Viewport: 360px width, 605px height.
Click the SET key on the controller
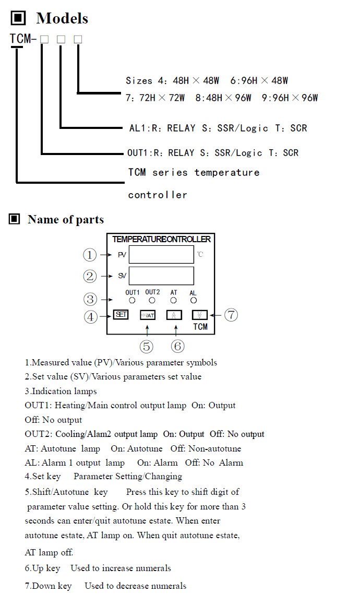point(121,315)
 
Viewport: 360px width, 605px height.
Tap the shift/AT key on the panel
point(147,315)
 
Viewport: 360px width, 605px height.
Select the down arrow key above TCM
point(199,315)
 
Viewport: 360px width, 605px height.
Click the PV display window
point(161,254)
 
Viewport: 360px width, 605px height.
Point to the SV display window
point(161,276)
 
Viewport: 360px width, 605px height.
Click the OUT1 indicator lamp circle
point(132,301)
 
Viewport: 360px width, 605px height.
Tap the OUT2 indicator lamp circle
point(152,301)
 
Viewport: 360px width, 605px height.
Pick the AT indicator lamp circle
point(174,301)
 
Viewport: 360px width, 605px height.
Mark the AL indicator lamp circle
point(194,301)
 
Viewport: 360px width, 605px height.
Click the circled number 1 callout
point(90,255)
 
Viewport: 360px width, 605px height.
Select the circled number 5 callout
point(147,346)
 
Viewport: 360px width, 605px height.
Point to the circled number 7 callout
point(231,315)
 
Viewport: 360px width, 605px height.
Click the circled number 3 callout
point(90,299)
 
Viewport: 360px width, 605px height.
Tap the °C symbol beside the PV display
point(200,255)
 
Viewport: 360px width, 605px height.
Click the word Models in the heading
point(62,19)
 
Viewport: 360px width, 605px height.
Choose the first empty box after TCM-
point(44,39)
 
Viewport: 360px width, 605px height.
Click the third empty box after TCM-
point(78,39)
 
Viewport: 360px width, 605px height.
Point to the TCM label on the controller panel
point(200,327)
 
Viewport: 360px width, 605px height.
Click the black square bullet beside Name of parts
point(15,219)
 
